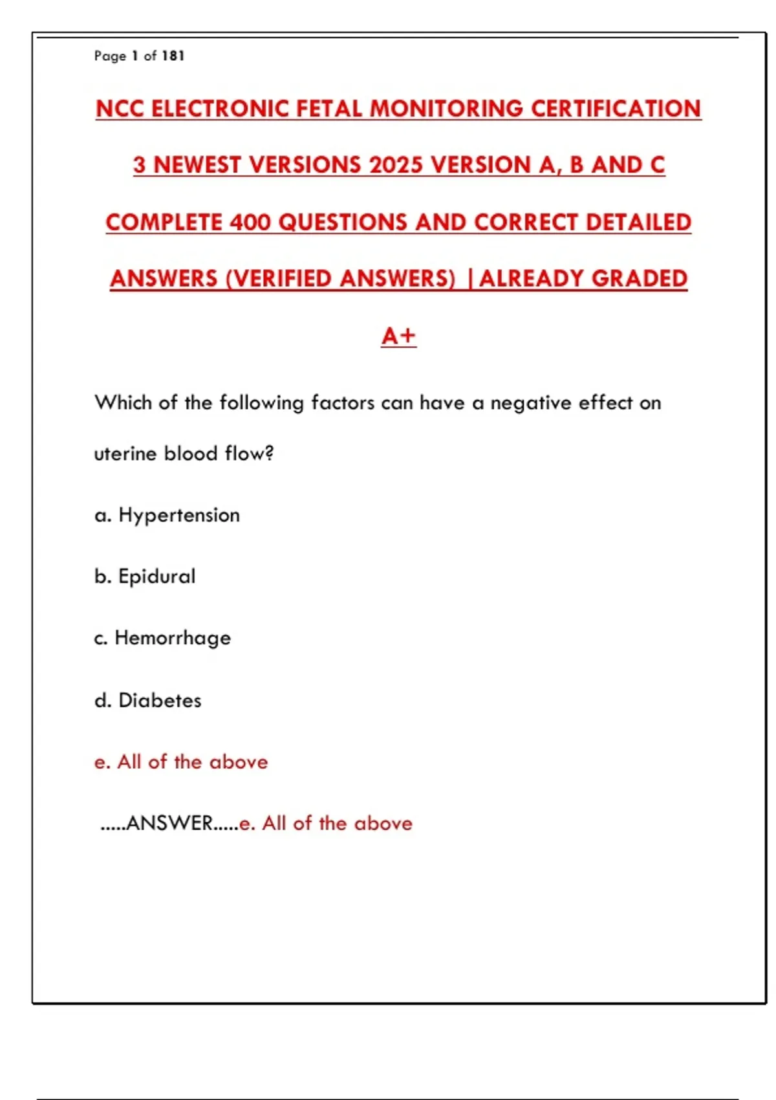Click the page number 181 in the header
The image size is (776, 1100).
[173, 56]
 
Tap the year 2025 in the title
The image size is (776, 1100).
[396, 165]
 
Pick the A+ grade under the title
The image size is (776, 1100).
[398, 336]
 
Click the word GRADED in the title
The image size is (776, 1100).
[639, 279]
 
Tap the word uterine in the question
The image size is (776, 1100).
[125, 454]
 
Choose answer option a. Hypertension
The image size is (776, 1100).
[167, 515]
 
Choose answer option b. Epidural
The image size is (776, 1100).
[145, 577]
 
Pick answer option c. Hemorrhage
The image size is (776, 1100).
[162, 638]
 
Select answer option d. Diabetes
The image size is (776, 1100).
[148, 700]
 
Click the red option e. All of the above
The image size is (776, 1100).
[181, 762]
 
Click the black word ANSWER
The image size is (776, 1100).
[169, 823]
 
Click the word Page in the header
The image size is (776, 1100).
[110, 56]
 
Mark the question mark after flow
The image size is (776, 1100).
[270, 454]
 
